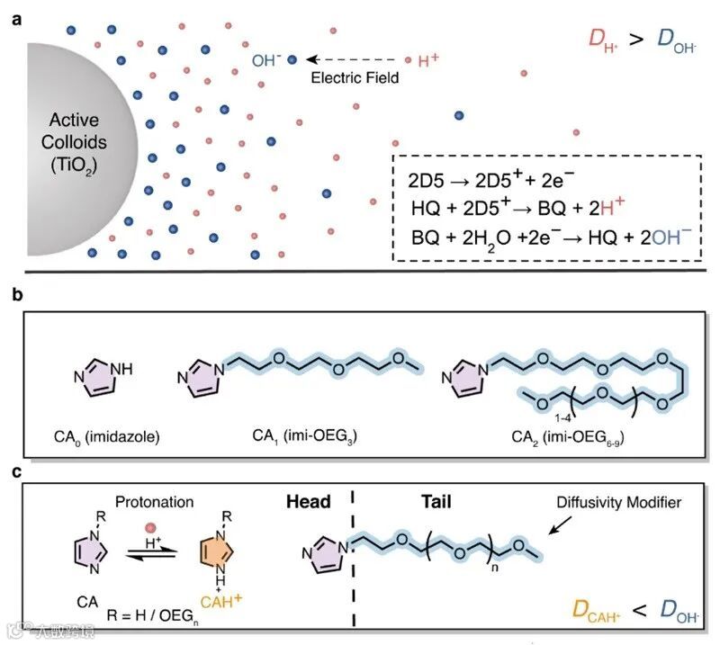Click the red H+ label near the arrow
429,61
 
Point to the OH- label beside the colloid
266,61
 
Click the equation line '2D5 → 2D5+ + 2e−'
478,179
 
